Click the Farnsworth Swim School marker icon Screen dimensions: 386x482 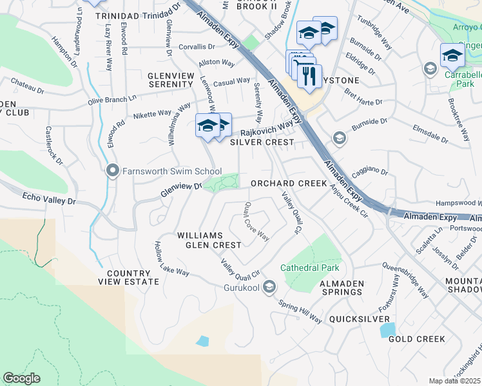tap(113, 170)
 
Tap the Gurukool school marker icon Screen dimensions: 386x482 tap(270, 286)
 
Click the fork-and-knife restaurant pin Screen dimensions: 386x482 tap(310, 77)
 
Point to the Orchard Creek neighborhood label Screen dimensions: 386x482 tap(289, 183)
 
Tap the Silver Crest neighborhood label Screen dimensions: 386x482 tap(262, 142)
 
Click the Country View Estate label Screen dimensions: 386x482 tap(129, 277)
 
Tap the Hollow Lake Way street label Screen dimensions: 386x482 tap(171, 259)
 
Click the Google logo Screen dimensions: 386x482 tap(21, 378)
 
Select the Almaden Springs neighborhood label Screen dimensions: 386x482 tap(338, 288)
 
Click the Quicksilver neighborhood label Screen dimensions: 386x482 tap(359, 319)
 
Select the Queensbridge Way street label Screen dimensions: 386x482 tap(405, 279)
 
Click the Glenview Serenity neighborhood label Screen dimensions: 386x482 tap(171, 80)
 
